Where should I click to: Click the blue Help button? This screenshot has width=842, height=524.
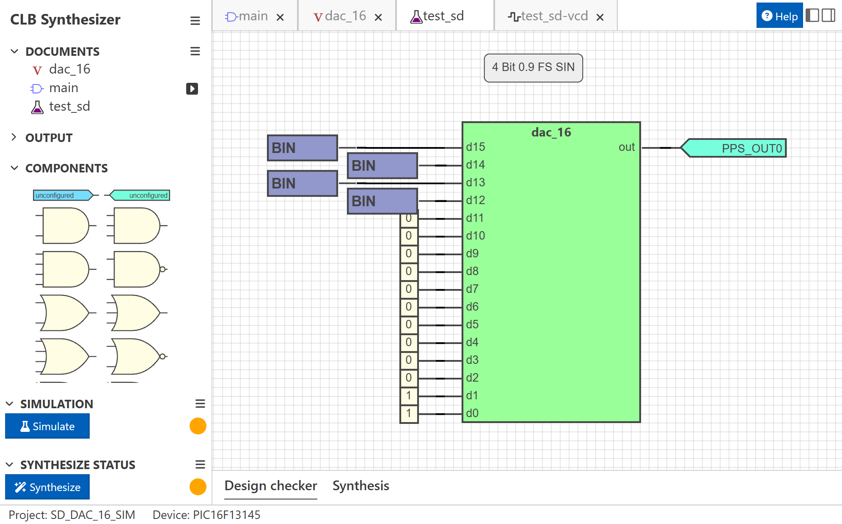click(x=779, y=16)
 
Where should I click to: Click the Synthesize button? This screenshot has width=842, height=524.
click(x=47, y=487)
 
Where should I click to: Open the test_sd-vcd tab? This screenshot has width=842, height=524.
click(x=554, y=16)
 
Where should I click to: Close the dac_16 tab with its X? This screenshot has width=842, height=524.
click(x=378, y=17)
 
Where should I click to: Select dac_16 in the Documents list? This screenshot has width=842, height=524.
click(x=69, y=69)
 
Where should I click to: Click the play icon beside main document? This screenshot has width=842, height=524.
click(x=192, y=88)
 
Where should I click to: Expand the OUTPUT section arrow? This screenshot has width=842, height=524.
click(x=14, y=137)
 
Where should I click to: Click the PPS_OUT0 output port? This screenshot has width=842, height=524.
click(x=736, y=148)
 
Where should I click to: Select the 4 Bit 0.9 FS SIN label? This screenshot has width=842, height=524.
click(x=533, y=67)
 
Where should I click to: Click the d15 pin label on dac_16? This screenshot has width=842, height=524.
click(x=476, y=147)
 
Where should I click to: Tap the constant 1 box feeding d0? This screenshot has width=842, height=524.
click(x=409, y=413)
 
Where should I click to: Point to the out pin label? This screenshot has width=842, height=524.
click(x=626, y=147)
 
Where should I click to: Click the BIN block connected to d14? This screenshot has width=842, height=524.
click(x=382, y=166)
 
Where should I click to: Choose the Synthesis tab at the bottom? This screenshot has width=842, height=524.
click(x=360, y=486)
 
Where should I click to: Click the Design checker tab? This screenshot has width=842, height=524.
click(x=271, y=486)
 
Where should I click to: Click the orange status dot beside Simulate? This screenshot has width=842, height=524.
click(x=198, y=426)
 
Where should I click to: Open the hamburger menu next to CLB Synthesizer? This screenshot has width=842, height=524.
click(x=195, y=20)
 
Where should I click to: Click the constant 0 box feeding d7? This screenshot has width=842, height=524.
click(x=409, y=289)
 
